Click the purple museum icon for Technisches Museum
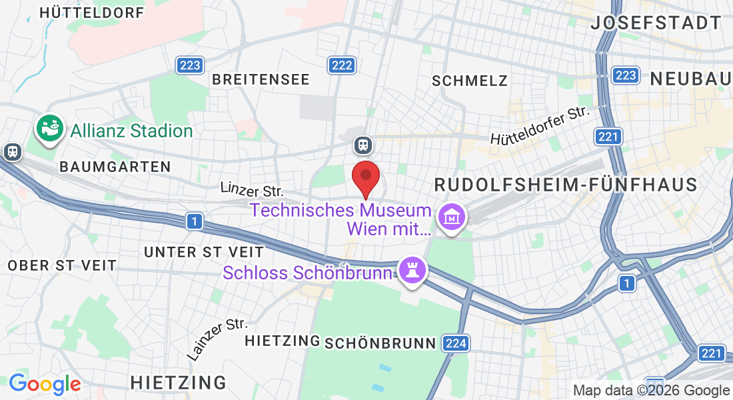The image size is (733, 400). pyautogui.click(x=452, y=217)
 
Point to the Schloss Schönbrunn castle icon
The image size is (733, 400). pyautogui.click(x=412, y=270)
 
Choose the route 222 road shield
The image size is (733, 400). pyautogui.click(x=342, y=65)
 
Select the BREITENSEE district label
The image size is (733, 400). pyautogui.click(x=261, y=79)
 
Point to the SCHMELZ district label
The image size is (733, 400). pyautogui.click(x=470, y=81)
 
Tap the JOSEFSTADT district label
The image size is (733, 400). pyautogui.click(x=656, y=23)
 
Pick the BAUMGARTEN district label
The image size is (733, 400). pyautogui.click(x=115, y=167)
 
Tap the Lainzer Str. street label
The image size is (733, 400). pyautogui.click(x=217, y=339)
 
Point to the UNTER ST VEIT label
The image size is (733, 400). pyautogui.click(x=204, y=252)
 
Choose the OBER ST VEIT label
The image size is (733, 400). pyautogui.click(x=62, y=265)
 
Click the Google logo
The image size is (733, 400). pyautogui.click(x=45, y=384)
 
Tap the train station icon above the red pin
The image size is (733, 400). pyautogui.click(x=363, y=144)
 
